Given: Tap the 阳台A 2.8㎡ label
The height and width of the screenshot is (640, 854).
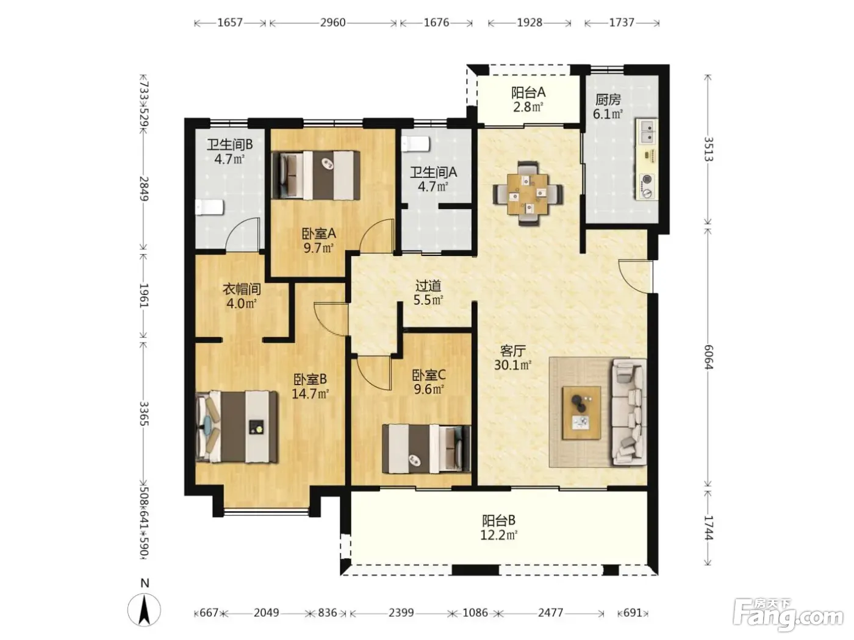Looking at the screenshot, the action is [x=528, y=99].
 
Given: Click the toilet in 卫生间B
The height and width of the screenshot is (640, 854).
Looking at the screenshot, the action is [x=209, y=207].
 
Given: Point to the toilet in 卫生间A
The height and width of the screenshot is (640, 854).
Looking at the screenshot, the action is [x=415, y=144].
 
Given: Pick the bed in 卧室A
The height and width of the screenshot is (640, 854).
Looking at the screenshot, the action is [x=315, y=176].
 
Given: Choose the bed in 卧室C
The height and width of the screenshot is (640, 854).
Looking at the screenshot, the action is [x=426, y=449].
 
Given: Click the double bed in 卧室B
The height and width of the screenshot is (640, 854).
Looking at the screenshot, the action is [x=237, y=427].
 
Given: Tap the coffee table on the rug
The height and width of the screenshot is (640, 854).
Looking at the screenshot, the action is [x=582, y=413].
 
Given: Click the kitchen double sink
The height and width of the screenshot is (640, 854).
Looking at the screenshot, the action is [x=647, y=131].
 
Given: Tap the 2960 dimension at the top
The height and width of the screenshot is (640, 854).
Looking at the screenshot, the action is [x=332, y=23].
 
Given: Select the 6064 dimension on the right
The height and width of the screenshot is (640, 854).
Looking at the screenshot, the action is [x=708, y=357].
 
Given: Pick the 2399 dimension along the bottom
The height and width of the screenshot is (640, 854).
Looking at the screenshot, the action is [x=401, y=613].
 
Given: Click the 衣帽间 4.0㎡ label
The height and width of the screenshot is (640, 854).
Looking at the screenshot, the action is [x=242, y=296].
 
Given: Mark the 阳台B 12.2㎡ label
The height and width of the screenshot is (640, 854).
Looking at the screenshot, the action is [x=499, y=528].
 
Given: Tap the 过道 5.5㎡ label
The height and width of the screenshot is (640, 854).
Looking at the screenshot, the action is [x=428, y=293].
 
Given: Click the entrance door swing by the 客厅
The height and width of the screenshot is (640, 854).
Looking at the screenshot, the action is [x=635, y=275].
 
